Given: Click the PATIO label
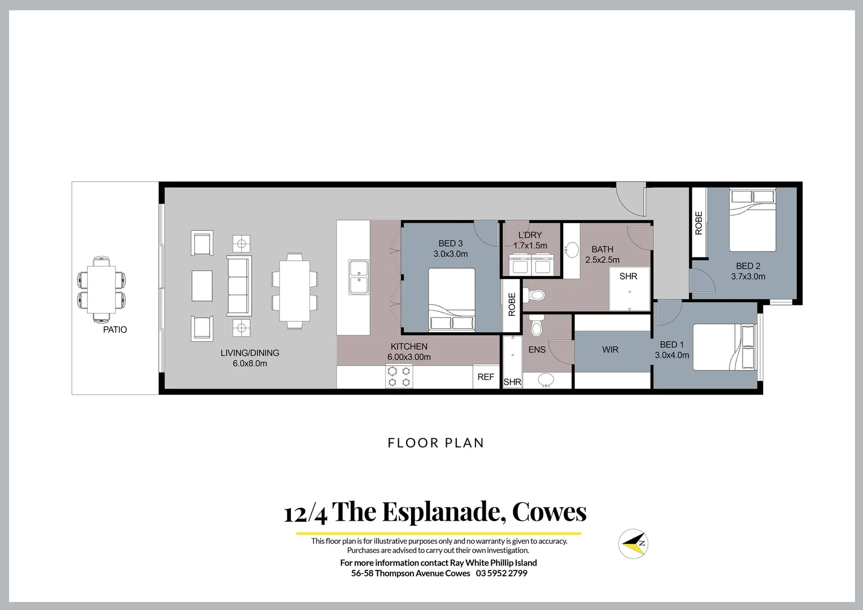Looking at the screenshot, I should [115, 329].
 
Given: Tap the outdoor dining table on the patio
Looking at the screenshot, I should [101, 289].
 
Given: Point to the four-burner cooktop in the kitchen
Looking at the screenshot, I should [399, 376].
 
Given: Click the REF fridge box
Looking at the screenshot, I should [486, 377].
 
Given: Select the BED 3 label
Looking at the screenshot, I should [450, 243].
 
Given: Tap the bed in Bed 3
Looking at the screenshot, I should [451, 299].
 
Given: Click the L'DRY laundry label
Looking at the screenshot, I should [530, 235].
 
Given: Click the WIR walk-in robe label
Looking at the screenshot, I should [610, 350].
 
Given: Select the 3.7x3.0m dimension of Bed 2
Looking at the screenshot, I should [748, 276].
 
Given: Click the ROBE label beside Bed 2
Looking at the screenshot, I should [699, 223].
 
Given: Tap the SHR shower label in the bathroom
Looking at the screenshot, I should [628, 276].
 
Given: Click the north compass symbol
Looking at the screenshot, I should [633, 543].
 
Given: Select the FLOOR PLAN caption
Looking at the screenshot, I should [435, 443].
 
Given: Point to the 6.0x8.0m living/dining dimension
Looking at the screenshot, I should [250, 363].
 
